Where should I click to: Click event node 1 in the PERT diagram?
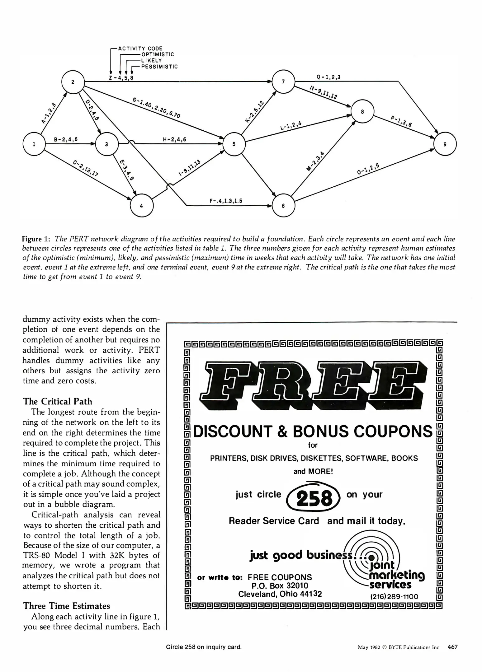tap(34, 144)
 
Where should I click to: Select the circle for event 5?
tap(234, 144)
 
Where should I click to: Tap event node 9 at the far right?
tap(445, 144)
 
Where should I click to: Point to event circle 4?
tap(142, 206)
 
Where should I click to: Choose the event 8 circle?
tap(362, 112)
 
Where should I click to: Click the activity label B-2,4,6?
tap(66, 140)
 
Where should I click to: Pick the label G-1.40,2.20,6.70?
tap(156, 108)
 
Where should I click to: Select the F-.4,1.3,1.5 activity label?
tap(226, 201)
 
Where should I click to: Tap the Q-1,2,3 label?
tap(328, 77)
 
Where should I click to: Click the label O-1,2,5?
tap(368, 169)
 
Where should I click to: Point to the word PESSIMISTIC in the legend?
tap(159, 67)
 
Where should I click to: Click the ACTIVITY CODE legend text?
tap(140, 49)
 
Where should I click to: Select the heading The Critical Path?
tap(58, 401)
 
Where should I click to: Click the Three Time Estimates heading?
tap(66, 606)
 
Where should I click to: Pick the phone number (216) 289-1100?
tap(394, 596)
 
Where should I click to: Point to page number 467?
tap(452, 647)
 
